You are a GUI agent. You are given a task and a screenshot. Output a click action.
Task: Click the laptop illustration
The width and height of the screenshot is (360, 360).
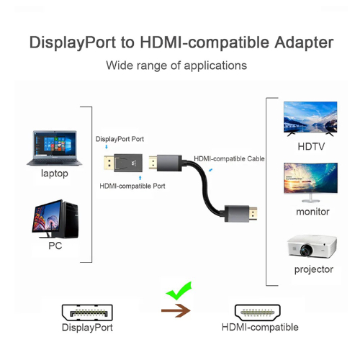pos(54,148)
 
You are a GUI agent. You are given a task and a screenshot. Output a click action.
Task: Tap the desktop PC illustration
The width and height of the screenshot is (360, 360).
pos(55,219)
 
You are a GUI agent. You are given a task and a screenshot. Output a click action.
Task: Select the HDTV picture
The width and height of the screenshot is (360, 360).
pos(310,119)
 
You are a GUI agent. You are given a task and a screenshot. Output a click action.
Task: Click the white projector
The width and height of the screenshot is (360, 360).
pos(312,246)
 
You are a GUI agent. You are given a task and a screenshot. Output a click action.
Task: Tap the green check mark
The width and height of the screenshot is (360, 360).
pos(179,291)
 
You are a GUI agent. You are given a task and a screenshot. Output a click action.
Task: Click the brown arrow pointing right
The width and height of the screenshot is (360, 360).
pos(176,310)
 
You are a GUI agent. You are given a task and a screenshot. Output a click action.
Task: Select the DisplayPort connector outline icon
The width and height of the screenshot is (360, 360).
pos(87,312)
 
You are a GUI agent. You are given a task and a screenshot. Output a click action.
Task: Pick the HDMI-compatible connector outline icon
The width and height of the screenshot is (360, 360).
pos(258,312)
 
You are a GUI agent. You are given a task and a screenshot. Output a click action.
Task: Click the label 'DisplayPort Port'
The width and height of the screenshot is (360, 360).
pos(120,139)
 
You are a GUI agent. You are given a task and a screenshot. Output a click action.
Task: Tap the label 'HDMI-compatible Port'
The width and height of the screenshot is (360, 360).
pos(132,186)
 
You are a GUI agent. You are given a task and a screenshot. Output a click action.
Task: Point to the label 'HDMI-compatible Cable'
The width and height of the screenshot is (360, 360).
pos(229,158)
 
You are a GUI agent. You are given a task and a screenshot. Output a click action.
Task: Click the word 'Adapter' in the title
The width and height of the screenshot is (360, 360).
pos(304,42)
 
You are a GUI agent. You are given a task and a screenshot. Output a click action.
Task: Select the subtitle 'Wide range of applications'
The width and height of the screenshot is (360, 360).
pos(176,66)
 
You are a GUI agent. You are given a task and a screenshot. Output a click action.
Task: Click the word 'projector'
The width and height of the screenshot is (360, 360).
pos(314,270)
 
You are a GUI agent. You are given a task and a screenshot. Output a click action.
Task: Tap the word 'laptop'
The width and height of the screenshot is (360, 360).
pos(55,174)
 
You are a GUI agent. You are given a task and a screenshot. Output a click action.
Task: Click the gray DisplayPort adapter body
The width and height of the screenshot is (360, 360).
pos(128,163)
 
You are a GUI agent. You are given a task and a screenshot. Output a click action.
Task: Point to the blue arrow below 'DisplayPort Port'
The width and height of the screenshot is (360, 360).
pos(107,147)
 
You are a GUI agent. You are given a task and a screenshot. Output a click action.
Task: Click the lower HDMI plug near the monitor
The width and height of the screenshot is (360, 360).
pos(240,213)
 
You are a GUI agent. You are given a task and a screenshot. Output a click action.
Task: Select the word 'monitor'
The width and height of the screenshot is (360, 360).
pos(312,212)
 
